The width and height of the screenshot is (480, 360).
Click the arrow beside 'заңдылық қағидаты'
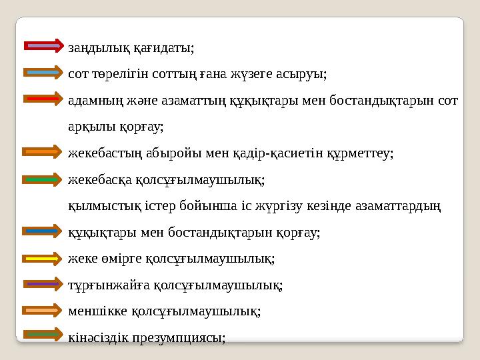tap(43, 46)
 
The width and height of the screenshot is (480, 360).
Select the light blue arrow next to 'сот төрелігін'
tap(43, 72)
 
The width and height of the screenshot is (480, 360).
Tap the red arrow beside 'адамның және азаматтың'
tap(43, 99)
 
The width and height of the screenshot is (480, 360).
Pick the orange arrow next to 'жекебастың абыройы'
tap(43, 152)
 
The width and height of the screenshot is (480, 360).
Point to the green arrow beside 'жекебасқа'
tap(43, 179)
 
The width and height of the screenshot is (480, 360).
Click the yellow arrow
tap(43, 257)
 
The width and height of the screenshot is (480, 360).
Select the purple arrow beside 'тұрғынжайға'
tap(43, 284)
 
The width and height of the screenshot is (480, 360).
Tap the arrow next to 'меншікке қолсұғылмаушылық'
tap(43, 310)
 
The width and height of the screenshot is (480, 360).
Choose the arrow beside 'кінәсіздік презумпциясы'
tap(43, 335)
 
